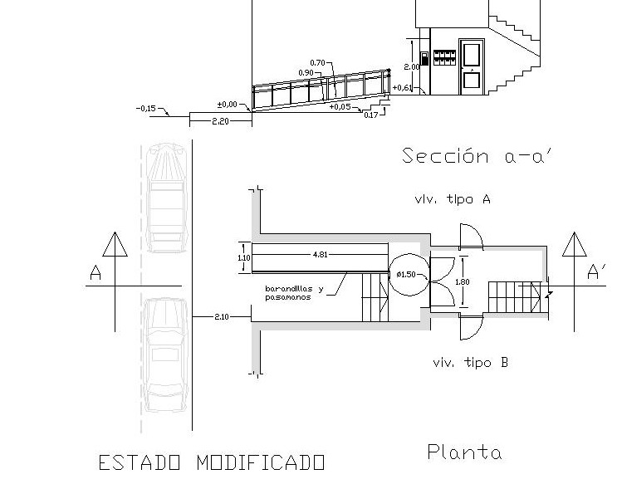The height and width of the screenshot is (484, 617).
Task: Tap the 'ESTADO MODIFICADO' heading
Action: point(211,462)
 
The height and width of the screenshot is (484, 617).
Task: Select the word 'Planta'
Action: point(464,452)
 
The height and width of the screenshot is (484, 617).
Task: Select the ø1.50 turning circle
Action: point(407,274)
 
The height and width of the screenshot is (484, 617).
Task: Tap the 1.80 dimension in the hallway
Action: point(463,281)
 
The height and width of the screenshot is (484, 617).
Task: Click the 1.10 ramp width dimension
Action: point(242,257)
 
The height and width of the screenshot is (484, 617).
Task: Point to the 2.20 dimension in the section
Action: point(220,122)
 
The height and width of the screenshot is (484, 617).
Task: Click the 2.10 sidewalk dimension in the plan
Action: point(222,317)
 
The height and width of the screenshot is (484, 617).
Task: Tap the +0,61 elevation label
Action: point(403,88)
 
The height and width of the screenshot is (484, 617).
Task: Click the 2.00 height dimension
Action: point(410,66)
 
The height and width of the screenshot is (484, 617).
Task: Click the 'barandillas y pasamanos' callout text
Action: point(288,292)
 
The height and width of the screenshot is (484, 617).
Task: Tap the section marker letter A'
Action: point(596,272)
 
